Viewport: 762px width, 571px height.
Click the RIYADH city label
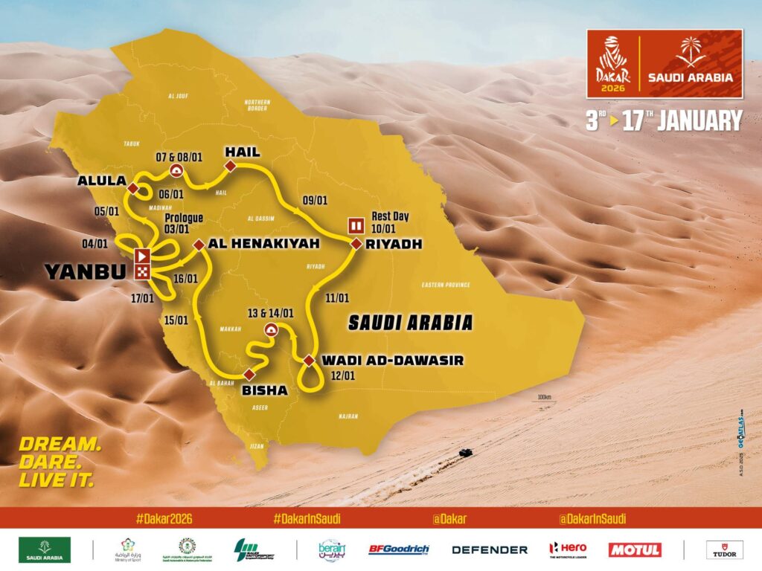click(394, 244)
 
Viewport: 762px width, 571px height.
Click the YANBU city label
click(86, 272)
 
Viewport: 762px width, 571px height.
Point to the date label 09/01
click(316, 200)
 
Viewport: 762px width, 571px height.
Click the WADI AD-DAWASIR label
click(392, 361)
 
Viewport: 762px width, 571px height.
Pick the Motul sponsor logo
click(635, 549)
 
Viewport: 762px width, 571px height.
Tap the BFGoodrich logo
click(399, 549)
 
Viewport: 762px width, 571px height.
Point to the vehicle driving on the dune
click(465, 452)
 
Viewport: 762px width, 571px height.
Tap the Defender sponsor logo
click(490, 549)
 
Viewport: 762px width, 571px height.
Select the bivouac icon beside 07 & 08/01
click(177, 171)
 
